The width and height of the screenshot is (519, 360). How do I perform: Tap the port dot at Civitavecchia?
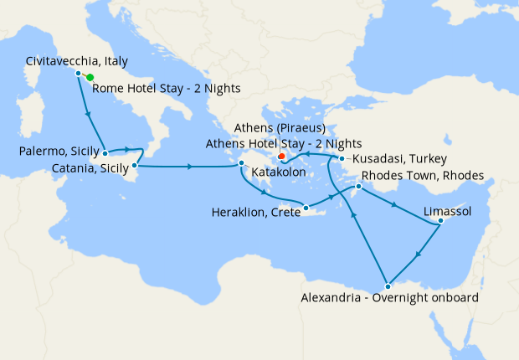pyautogui.click(x=79, y=74)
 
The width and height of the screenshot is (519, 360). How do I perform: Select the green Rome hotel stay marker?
pyautogui.click(x=90, y=77)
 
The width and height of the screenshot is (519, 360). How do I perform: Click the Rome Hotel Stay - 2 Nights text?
pyautogui.click(x=167, y=89)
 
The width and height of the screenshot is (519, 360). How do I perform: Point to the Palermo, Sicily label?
pyautogui.click(x=58, y=151)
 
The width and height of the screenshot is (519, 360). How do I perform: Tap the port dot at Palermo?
pyautogui.click(x=105, y=153)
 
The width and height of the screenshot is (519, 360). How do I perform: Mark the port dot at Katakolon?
pyautogui.click(x=241, y=163)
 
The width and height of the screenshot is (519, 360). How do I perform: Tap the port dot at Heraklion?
pyautogui.click(x=306, y=208)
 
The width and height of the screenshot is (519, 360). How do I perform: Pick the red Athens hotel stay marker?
pyautogui.click(x=281, y=156)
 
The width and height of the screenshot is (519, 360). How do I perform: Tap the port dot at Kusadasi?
pyautogui.click(x=342, y=158)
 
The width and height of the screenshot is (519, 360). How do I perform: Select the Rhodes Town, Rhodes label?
pyautogui.click(x=422, y=177)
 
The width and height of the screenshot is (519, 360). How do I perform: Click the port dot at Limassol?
pyautogui.click(x=441, y=221)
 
